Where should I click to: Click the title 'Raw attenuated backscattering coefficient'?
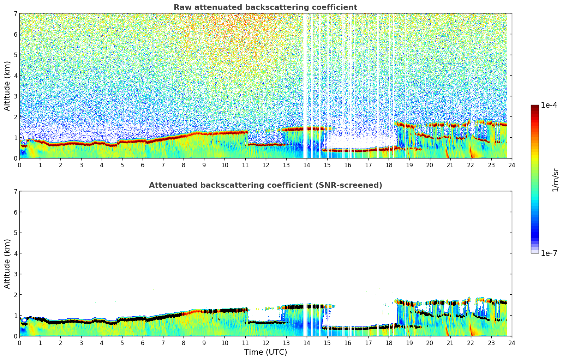pyautogui.click(x=265, y=7)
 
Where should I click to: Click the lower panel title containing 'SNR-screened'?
pyautogui.click(x=265, y=185)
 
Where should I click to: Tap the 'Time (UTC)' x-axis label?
pyautogui.click(x=265, y=352)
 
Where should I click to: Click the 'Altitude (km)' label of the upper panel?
pyautogui.click(x=7, y=86)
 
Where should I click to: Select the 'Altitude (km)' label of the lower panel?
pyautogui.click(x=7, y=264)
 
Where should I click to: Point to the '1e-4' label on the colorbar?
pyautogui.click(x=549, y=105)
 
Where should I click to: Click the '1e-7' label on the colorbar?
pyautogui.click(x=549, y=253)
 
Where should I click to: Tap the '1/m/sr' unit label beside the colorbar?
pyautogui.click(x=555, y=180)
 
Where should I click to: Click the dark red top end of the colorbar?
pyautogui.click(x=535, y=107)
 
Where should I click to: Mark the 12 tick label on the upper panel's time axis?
pyautogui.click(x=265, y=165)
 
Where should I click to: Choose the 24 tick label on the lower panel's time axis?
pyautogui.click(x=511, y=343)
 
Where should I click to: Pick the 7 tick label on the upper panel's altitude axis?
pyautogui.click(x=16, y=14)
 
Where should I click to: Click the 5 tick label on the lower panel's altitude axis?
pyautogui.click(x=16, y=233)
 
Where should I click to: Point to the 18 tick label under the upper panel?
pyautogui.click(x=389, y=165)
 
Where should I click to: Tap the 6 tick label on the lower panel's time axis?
pyautogui.click(x=143, y=343)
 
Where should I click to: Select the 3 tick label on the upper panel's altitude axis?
pyautogui.click(x=16, y=96)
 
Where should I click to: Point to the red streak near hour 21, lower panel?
pyautogui.click(x=447, y=331)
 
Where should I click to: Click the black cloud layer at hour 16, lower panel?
pyautogui.click(x=348, y=328)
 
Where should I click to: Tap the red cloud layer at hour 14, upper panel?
pyautogui.click(x=306, y=129)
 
